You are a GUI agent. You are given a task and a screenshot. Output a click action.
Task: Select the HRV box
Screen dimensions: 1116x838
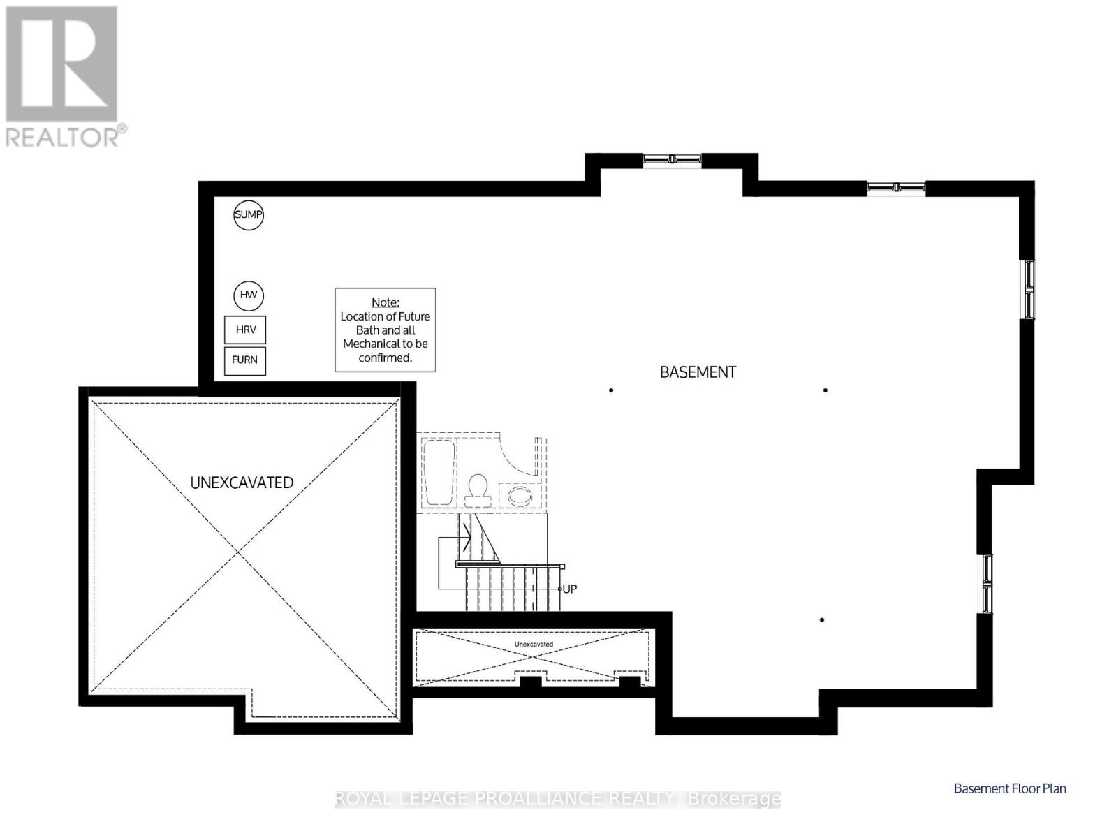(245, 330)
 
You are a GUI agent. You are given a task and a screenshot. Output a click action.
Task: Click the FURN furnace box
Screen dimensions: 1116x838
(245, 360)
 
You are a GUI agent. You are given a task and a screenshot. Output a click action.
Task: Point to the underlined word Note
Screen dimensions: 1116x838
(385, 302)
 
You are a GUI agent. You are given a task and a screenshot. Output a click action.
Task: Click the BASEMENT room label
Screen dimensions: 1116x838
(698, 372)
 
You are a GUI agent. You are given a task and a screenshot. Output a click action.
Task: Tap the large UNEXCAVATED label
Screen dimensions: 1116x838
(242, 483)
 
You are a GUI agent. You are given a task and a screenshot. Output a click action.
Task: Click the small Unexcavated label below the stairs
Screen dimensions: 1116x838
(534, 645)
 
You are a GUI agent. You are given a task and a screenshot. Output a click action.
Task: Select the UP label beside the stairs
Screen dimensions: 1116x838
(569, 589)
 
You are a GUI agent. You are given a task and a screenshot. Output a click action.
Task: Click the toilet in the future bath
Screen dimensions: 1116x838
(478, 490)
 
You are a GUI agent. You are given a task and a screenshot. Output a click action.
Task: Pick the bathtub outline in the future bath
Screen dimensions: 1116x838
(439, 473)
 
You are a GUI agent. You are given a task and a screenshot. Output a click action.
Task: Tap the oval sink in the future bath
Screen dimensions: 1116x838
(520, 495)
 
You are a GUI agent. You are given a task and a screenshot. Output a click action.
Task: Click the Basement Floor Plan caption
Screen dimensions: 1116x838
(1010, 788)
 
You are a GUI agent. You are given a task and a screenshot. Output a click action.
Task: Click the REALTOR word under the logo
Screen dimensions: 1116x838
(62, 137)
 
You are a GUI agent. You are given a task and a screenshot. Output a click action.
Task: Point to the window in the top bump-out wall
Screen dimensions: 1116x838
(672, 159)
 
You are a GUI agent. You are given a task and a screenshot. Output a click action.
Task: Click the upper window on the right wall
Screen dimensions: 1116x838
(1029, 290)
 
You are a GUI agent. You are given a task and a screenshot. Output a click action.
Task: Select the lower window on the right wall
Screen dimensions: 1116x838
(987, 583)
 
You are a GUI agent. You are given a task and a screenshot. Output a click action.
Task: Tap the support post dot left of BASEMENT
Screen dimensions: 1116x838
(610, 390)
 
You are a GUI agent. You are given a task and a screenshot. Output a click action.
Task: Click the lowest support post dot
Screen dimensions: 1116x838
(821, 620)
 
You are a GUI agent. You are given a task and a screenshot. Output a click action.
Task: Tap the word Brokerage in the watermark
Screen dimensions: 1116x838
(734, 799)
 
